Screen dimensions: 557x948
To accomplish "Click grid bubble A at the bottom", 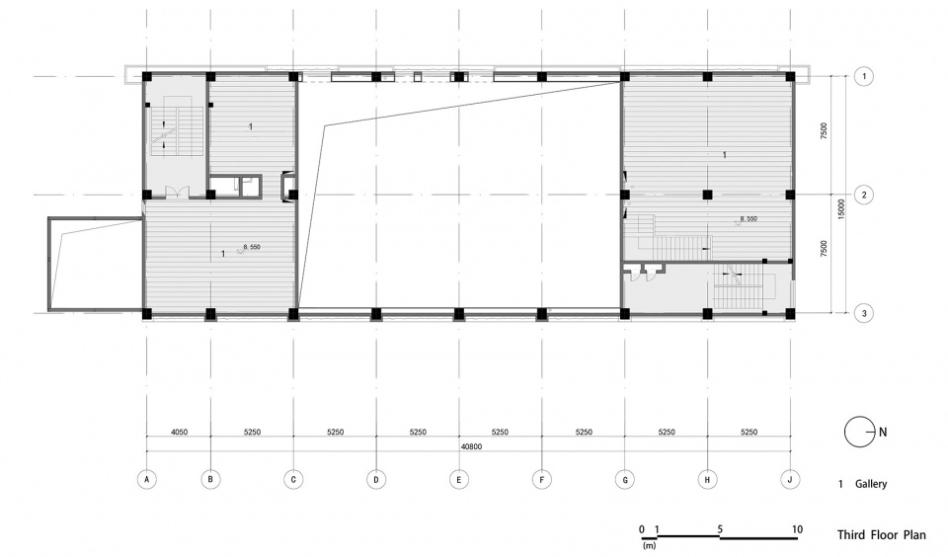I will click(x=146, y=480).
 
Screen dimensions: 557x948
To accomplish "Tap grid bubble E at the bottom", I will click(x=459, y=480).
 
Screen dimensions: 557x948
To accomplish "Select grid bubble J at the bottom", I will click(x=790, y=480).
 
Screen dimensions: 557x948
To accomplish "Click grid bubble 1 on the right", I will click(x=864, y=76).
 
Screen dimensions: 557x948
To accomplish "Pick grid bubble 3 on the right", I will click(x=864, y=314).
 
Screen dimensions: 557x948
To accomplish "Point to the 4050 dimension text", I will click(x=178, y=432).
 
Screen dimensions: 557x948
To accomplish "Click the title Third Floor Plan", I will click(x=881, y=534).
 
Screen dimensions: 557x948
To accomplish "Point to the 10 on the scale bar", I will click(x=797, y=528).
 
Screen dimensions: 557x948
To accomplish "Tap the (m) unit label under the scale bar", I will click(x=649, y=544).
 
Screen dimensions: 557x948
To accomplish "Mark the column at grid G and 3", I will click(x=624, y=314).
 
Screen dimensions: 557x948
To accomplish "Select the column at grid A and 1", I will click(x=146, y=76).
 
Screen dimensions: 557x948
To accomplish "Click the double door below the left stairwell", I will click(x=177, y=193).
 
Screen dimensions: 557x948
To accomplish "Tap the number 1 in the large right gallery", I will click(x=726, y=155).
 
